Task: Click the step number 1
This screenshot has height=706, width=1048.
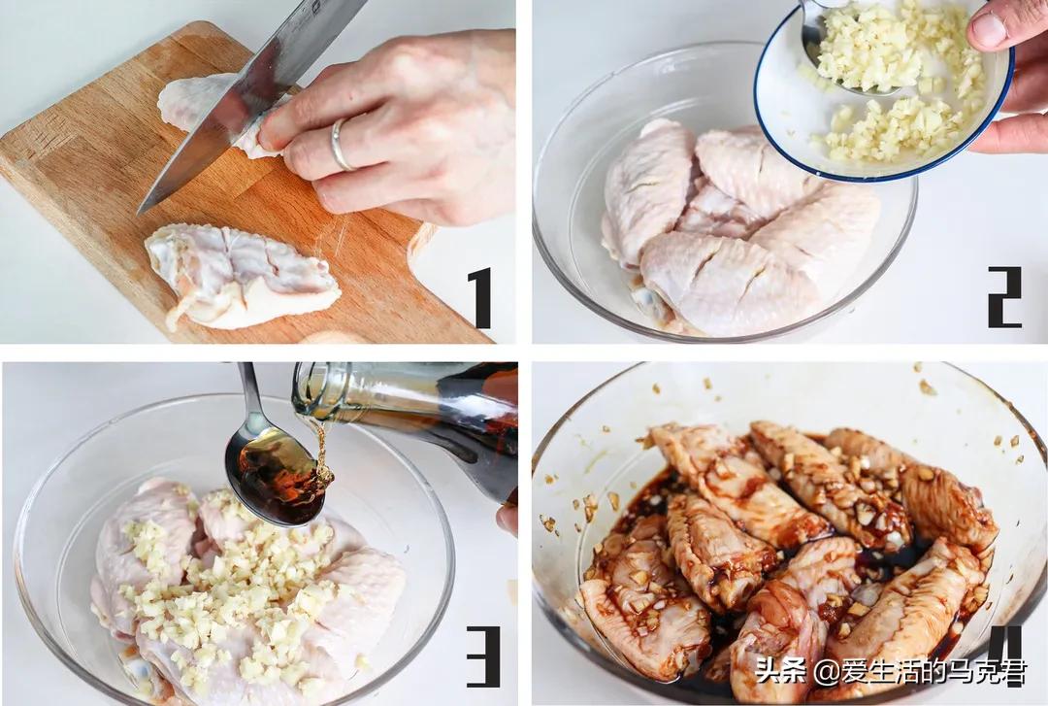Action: point(480,298)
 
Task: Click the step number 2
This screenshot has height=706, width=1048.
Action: point(1004,297)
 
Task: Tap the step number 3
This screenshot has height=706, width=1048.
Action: point(482,657)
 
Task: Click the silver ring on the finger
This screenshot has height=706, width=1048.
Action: point(338,144)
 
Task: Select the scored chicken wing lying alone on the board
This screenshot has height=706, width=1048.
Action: point(241,276)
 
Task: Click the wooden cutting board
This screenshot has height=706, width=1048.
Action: point(220,201)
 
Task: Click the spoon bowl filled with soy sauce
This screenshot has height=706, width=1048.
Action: point(275,476)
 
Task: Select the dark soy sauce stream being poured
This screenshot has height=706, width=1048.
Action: point(323,450)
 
